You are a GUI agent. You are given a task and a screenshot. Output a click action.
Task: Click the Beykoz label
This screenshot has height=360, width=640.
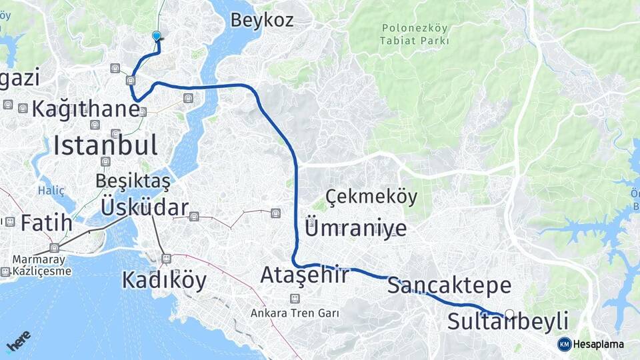[x=261, y=20]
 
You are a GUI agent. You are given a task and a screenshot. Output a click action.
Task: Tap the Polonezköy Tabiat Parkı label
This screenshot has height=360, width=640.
[x=415, y=34]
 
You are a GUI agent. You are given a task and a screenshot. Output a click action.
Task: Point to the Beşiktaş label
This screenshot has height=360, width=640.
[x=133, y=180]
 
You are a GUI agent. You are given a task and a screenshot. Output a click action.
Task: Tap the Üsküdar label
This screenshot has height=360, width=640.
[x=144, y=207]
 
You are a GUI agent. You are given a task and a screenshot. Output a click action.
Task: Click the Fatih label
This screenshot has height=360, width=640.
[x=46, y=223]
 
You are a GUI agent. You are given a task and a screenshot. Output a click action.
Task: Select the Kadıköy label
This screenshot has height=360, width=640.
[x=164, y=280]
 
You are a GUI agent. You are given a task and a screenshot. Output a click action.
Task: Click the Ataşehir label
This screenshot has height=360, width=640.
[x=304, y=275]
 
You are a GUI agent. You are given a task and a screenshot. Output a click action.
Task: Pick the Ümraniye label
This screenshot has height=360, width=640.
[x=355, y=228]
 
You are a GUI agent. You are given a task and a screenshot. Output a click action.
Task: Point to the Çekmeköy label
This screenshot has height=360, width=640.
[x=372, y=197]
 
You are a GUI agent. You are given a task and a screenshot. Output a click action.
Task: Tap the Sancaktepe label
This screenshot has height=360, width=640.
[x=449, y=286]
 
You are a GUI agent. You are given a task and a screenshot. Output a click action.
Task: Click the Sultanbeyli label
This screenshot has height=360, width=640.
[x=507, y=321]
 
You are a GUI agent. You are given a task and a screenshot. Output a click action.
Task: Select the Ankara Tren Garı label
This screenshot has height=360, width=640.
[x=295, y=312]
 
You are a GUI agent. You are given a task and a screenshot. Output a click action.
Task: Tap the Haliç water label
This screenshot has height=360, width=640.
[x=51, y=191]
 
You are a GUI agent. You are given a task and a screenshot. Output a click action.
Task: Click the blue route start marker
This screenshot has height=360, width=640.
[x=157, y=36]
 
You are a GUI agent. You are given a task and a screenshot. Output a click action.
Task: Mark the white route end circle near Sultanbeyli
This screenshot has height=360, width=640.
[x=510, y=314]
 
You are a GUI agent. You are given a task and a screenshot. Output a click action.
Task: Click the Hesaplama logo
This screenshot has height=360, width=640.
[x=591, y=344]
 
